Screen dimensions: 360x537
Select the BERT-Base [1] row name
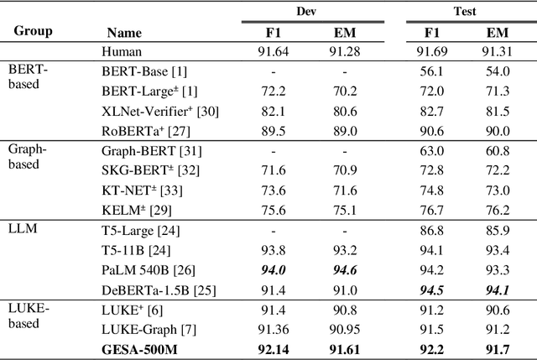137,72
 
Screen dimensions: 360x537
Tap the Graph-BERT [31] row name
143,152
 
